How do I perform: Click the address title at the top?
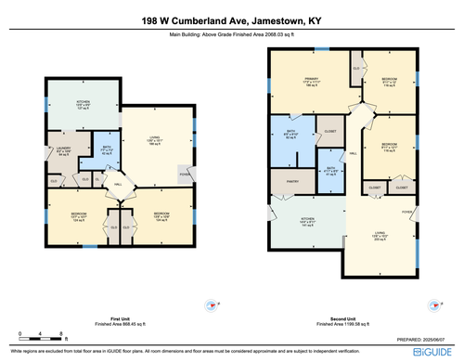(x=232, y=19)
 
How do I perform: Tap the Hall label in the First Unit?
(x=118, y=185)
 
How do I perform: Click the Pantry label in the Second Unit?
(x=291, y=182)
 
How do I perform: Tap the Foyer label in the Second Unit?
(x=406, y=211)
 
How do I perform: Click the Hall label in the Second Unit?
(x=353, y=153)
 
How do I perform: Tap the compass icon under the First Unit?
(x=210, y=305)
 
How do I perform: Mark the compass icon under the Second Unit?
(x=433, y=305)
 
